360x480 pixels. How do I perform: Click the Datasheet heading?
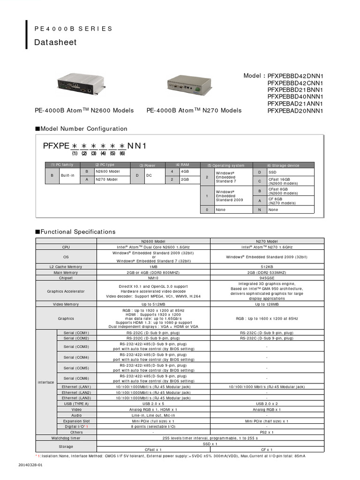pyautogui.click(x=55, y=43)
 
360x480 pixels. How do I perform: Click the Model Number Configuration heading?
pyautogui.click(x=81, y=128)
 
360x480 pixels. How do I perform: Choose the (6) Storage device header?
pyautogui.click(x=283, y=165)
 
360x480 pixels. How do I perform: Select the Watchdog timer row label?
pyautogui.click(x=66, y=438)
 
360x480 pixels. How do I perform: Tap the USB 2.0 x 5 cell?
pyautogui.click(x=153, y=403)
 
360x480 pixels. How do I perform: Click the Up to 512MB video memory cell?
pyautogui.click(x=153, y=304)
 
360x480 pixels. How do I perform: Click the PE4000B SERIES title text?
pyautogui.click(x=74, y=29)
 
